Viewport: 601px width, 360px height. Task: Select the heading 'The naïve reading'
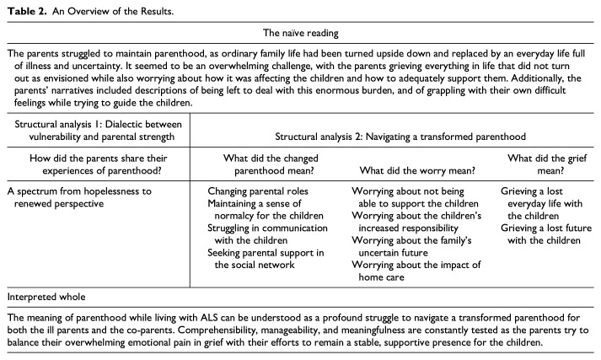[x=300, y=34]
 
